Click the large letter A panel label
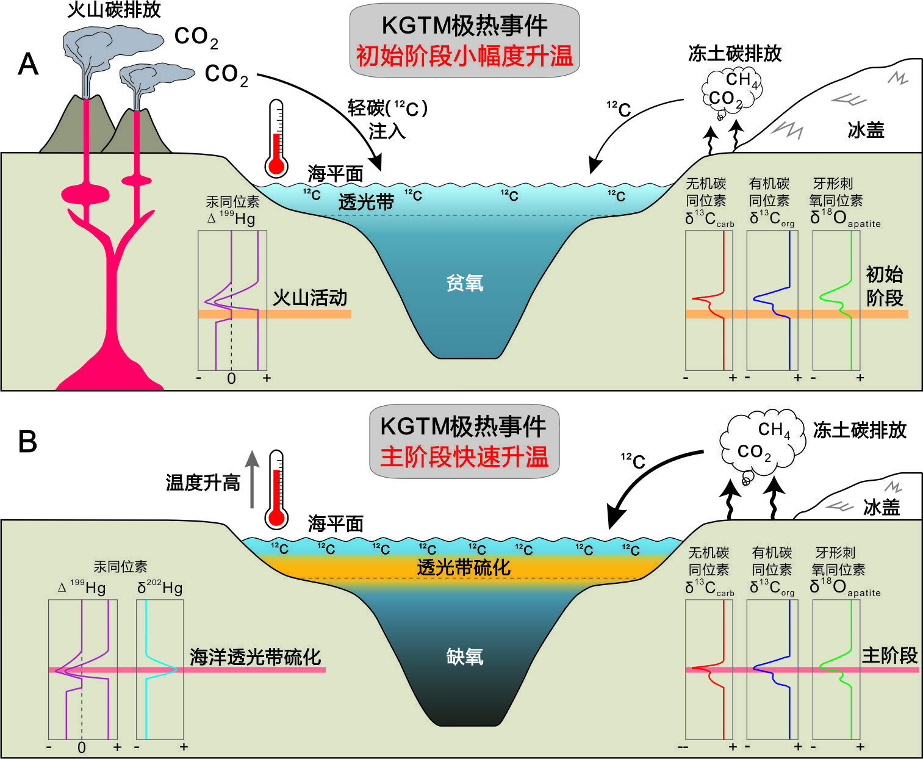[28, 64]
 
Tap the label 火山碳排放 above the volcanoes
[114, 10]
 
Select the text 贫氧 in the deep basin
[464, 282]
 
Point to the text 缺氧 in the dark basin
[464, 656]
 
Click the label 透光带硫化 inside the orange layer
[464, 567]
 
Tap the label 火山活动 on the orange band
[310, 298]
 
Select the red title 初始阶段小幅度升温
[464, 56]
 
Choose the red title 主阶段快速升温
[464, 456]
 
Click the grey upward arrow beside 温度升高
[252, 479]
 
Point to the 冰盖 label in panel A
[866, 130]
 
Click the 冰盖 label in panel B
[882, 507]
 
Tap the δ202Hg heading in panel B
[160, 588]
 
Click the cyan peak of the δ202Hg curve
[176, 670]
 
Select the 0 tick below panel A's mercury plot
[232, 378]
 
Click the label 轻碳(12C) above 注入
[387, 108]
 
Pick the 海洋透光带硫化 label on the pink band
[256, 657]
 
